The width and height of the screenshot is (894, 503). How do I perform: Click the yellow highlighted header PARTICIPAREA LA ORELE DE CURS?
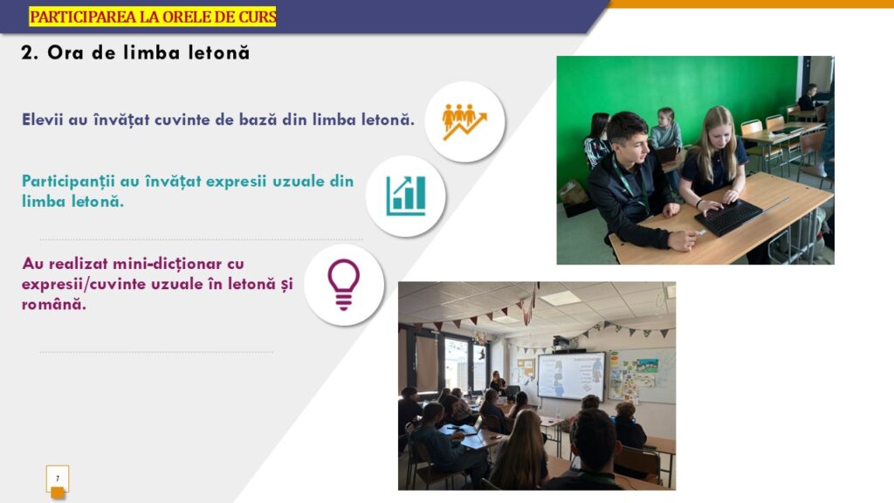click(153, 17)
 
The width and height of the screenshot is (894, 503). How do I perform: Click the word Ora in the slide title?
click(65, 52)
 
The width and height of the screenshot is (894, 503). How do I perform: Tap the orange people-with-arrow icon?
click(464, 121)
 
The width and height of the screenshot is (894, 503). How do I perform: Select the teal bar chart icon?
click(405, 196)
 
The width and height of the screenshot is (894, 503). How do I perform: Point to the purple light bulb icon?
click(344, 285)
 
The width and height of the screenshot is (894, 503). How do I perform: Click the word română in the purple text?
click(54, 305)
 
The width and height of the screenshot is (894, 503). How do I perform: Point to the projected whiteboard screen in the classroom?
click(571, 376)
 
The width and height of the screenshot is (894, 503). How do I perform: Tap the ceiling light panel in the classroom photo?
click(560, 298)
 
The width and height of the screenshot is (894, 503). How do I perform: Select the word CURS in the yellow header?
click(258, 17)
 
